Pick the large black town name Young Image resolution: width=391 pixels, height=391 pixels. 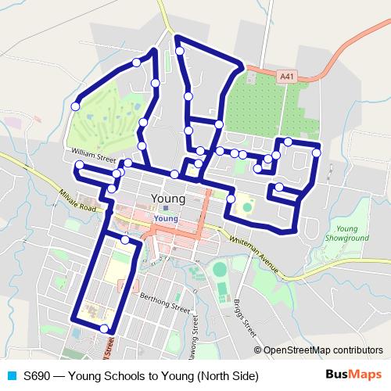coord(167,199)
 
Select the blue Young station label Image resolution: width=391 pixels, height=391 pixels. coord(168,220)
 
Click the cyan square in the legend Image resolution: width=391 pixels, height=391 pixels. coord(10,376)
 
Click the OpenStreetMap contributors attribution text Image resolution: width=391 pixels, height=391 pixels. coord(323,350)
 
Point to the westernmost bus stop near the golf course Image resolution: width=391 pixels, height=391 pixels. coord(76,106)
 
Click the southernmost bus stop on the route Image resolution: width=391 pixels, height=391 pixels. coord(105,328)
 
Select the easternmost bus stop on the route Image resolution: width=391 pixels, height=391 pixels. coord(316,153)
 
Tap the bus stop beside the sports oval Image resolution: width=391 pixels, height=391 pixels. coord(231,199)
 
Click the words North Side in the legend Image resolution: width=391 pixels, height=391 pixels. coord(228,376)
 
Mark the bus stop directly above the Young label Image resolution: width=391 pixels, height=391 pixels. coord(174,174)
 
